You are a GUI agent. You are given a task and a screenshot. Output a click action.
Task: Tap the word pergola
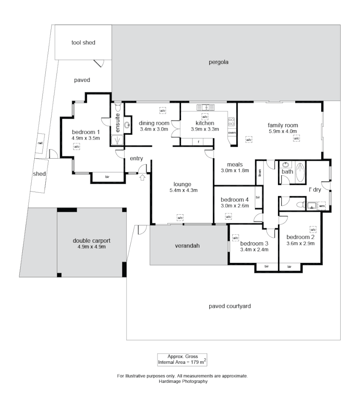tap(219, 63)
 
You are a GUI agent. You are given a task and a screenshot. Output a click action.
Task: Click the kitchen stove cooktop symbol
tap(231, 122)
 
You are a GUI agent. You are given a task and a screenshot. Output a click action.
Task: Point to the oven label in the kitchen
tap(232, 133)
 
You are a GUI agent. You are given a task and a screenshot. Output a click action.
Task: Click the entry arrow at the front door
tap(143, 178)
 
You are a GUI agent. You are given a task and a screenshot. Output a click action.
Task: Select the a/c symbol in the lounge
tap(180, 217)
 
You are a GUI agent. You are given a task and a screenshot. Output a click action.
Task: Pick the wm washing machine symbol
tap(322, 205)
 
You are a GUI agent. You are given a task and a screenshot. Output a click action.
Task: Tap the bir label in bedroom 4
tap(259, 197)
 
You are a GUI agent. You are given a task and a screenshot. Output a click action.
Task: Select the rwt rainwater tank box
tap(40, 143)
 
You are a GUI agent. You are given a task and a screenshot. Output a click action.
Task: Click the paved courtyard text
tap(230, 306)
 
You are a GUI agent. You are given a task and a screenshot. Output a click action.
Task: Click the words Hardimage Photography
tap(182, 381)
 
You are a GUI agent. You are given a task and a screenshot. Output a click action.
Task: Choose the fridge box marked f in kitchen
tap(198, 142)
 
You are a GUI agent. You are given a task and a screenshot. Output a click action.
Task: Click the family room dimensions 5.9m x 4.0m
tap(282, 131)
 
